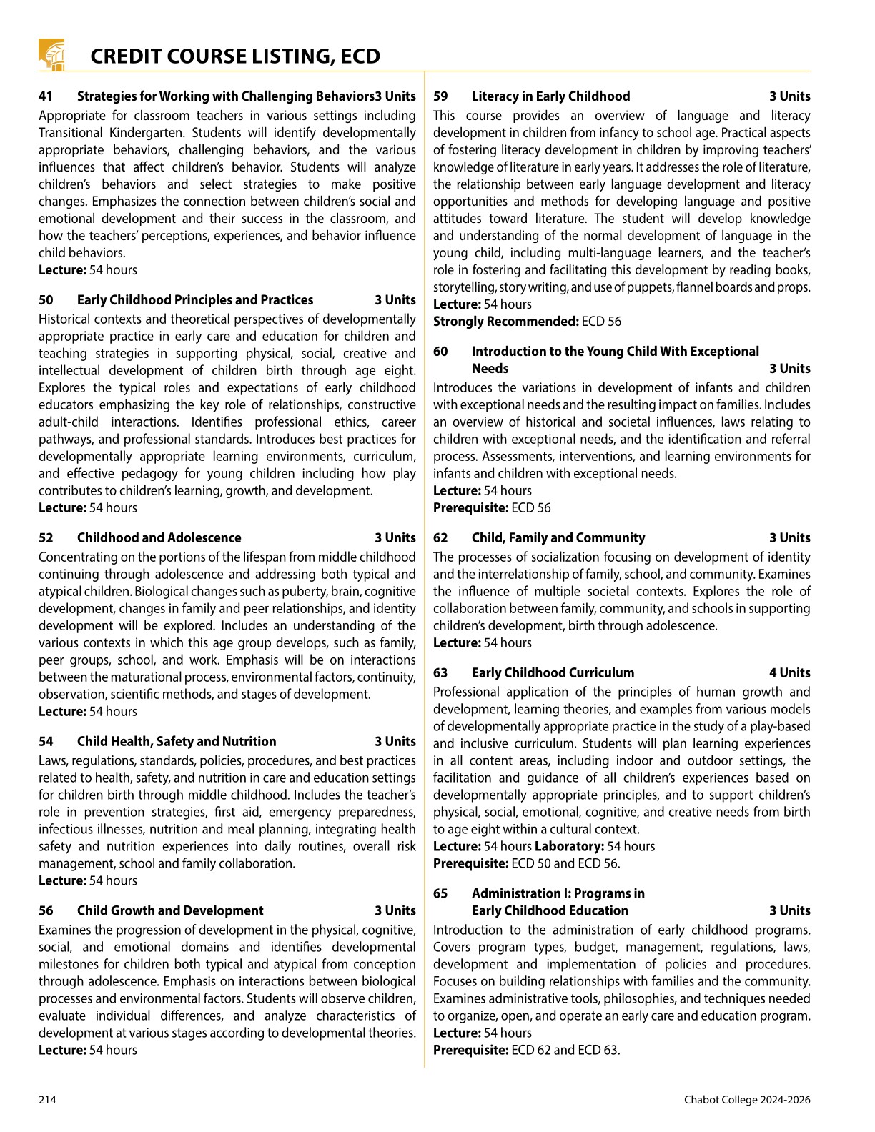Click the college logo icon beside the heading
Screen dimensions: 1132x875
(x=51, y=55)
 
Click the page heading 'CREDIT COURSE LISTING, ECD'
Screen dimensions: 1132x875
(x=235, y=56)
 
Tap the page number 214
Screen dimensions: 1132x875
(x=47, y=1100)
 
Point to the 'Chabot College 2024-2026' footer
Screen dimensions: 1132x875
(x=747, y=1100)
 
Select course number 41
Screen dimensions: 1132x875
(x=46, y=96)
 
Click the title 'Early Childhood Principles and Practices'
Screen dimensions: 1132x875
(x=195, y=300)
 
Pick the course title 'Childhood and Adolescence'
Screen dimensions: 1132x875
(x=159, y=538)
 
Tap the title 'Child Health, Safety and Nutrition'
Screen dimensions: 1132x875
(x=177, y=742)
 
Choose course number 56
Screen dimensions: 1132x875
(x=46, y=911)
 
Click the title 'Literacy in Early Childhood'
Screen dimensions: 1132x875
(x=550, y=96)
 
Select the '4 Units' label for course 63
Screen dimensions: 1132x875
(x=790, y=673)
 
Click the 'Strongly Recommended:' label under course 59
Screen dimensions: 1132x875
(x=505, y=322)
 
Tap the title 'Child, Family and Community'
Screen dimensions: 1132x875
(x=558, y=538)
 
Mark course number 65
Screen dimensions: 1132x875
(x=440, y=894)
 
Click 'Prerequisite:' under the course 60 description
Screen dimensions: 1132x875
(x=470, y=508)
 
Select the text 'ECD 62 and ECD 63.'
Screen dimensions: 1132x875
(x=566, y=1051)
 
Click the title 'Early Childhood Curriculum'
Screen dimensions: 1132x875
(x=553, y=673)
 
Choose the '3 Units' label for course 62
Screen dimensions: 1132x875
(x=790, y=538)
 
